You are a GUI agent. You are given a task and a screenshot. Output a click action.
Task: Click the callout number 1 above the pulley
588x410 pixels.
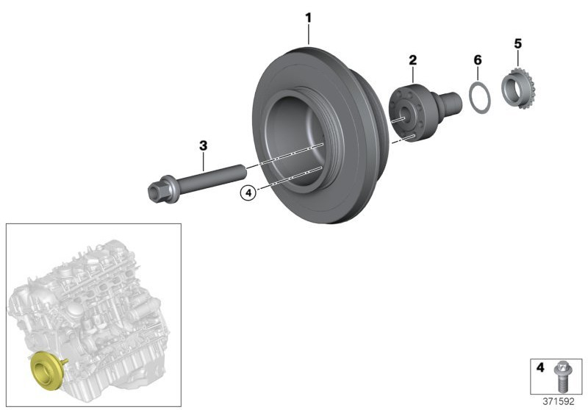pyautogui.click(x=308, y=18)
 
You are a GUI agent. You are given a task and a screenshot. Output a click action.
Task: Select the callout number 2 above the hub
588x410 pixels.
pyautogui.click(x=412, y=60)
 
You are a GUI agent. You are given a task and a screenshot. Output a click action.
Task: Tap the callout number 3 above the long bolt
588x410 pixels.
pyautogui.click(x=203, y=145)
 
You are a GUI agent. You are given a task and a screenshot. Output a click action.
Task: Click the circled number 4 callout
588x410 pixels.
pyautogui.click(x=248, y=193)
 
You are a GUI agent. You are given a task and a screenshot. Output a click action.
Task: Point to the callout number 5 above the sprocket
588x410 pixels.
pyautogui.click(x=517, y=44)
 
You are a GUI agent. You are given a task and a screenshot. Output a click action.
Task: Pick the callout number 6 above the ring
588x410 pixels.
pyautogui.click(x=477, y=60)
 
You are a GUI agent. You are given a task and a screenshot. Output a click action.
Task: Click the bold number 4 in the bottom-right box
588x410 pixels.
pyautogui.click(x=540, y=367)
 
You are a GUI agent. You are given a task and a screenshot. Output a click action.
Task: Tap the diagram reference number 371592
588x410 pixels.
pyautogui.click(x=559, y=401)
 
